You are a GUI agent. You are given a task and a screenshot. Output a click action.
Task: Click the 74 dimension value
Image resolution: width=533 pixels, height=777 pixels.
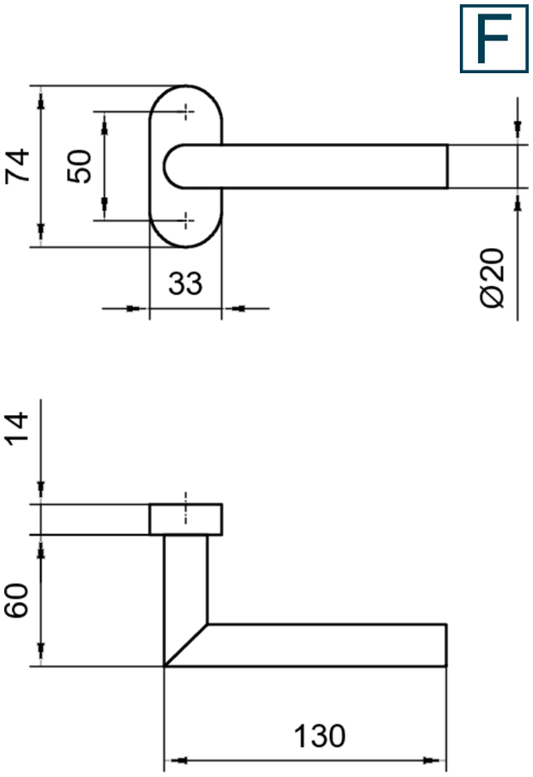17,166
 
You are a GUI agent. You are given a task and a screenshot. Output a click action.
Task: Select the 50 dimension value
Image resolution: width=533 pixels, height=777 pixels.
79,166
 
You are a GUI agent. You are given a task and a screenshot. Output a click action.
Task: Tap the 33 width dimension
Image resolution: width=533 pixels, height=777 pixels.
185,283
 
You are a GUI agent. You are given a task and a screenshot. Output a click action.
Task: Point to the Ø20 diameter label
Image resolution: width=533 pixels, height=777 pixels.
493,277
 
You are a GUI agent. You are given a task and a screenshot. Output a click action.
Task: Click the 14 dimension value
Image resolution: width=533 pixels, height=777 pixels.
17,426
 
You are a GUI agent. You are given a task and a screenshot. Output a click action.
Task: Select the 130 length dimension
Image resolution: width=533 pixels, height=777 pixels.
319,736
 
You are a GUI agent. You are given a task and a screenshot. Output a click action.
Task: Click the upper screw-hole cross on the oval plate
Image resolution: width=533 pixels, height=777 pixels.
186,111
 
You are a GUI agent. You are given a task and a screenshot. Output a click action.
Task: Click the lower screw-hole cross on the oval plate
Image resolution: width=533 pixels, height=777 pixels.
186,220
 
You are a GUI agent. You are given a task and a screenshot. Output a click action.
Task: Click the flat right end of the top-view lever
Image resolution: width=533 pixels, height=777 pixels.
447,166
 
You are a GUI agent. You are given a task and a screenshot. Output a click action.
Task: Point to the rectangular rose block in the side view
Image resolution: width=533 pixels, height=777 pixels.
186,519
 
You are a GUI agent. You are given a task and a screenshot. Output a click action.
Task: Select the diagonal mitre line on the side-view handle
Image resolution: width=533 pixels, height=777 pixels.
186,645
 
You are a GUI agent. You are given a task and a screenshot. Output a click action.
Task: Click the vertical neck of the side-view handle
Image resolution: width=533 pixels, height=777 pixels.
186,580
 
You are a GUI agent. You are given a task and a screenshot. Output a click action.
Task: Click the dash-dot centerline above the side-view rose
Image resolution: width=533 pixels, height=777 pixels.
186,508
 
